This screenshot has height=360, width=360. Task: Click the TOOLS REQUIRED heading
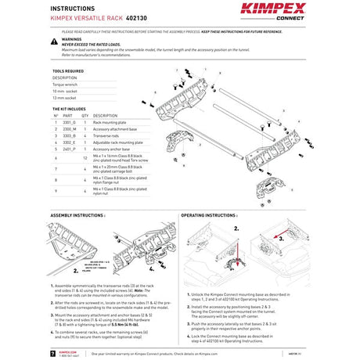point(68,70)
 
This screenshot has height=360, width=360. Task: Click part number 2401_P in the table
point(69,149)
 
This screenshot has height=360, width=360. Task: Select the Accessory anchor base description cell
point(110,149)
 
